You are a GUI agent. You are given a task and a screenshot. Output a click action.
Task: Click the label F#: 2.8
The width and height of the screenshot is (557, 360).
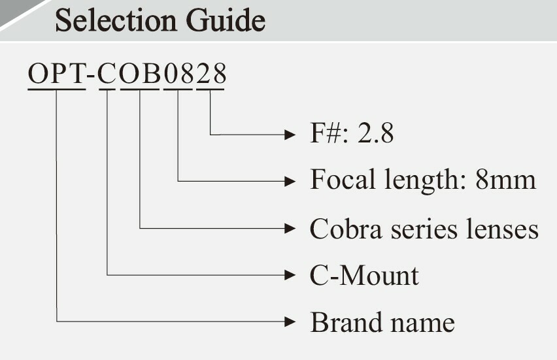pos(352,135)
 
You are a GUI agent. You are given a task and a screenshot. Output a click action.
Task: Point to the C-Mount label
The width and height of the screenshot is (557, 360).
pos(364,275)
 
